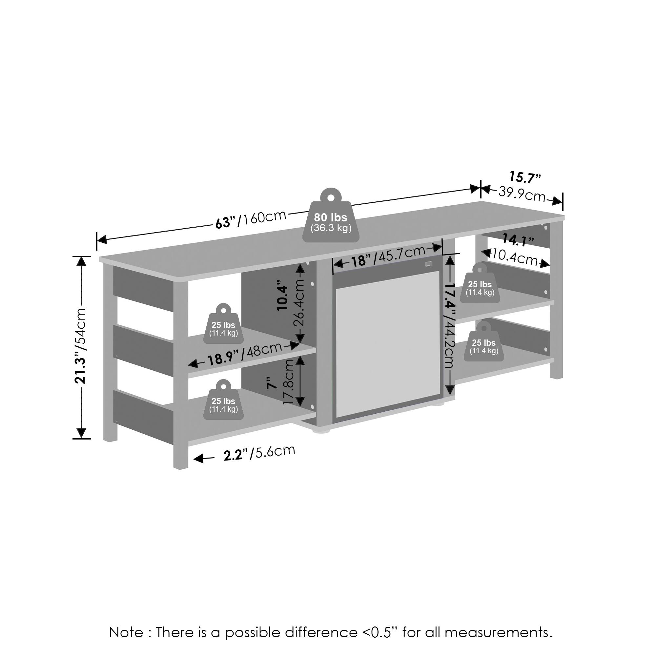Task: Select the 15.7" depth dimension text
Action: point(525,177)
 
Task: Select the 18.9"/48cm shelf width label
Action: point(245,354)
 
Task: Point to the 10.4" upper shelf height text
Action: point(283,295)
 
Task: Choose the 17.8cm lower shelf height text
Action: point(288,382)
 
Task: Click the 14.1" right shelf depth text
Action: point(518,240)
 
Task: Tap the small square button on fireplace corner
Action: point(428,264)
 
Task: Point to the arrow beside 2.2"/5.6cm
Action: point(204,459)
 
